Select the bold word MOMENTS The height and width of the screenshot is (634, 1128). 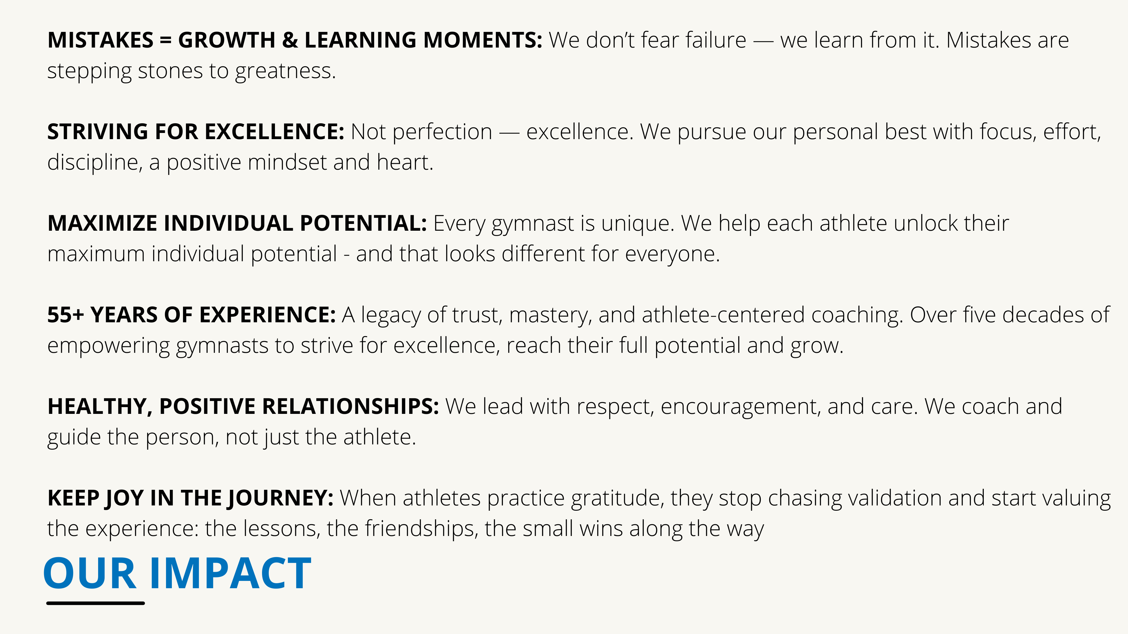click(483, 40)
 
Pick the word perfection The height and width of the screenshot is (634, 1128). click(442, 132)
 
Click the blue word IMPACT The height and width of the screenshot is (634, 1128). click(230, 573)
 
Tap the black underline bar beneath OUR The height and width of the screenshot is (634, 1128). click(95, 603)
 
